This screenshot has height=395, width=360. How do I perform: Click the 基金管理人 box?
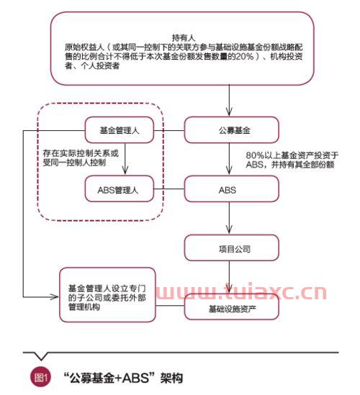click(x=120, y=130)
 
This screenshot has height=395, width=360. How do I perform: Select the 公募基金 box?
click(x=232, y=130)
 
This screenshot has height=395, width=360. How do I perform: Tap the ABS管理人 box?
click(x=120, y=189)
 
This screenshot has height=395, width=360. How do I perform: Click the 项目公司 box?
click(x=232, y=248)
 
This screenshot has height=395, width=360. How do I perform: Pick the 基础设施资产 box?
click(x=232, y=308)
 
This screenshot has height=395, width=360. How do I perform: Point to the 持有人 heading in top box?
click(x=184, y=38)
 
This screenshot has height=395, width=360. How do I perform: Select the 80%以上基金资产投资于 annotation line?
click(x=292, y=155)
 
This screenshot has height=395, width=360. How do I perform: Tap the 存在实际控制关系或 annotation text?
click(x=81, y=153)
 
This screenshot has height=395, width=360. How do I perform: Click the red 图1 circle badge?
click(x=40, y=377)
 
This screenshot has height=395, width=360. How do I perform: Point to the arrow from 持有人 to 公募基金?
click(x=229, y=100)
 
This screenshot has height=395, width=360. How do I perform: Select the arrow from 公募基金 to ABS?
click(x=229, y=159)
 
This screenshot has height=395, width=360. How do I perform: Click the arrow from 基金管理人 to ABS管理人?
click(x=125, y=159)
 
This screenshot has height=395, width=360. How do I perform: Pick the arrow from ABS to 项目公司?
click(x=229, y=218)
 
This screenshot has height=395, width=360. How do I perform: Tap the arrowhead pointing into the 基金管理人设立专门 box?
click(x=55, y=297)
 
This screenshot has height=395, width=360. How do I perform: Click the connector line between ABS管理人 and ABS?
click(x=169, y=189)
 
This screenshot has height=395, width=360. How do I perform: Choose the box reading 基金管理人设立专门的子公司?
click(x=108, y=294)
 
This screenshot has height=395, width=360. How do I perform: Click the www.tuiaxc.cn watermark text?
click(x=241, y=292)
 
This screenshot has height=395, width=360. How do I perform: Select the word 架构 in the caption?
click(x=171, y=378)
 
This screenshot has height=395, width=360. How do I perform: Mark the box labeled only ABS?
click(x=232, y=189)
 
